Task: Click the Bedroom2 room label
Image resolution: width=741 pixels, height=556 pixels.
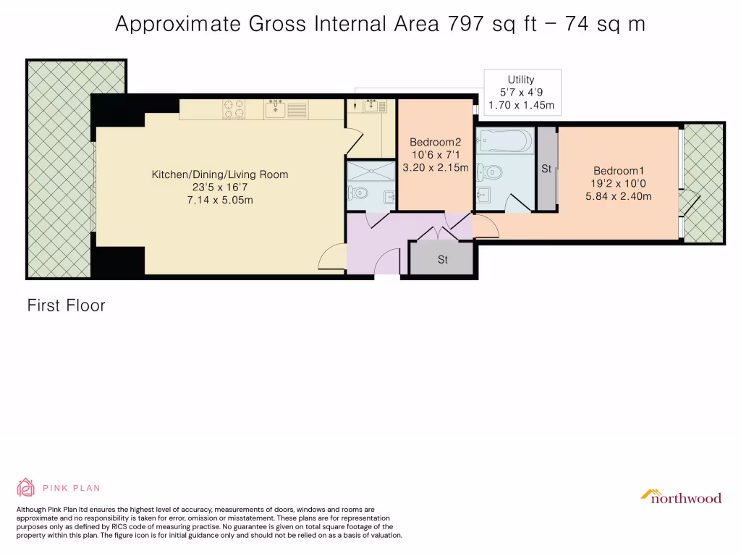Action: tap(435, 142)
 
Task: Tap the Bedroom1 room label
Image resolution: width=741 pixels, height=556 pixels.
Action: tap(619, 171)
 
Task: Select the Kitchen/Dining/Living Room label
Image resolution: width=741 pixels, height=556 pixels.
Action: tap(220, 174)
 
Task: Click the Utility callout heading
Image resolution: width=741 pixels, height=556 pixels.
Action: tap(521, 80)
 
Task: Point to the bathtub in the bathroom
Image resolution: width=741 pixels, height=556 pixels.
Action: tap(504, 140)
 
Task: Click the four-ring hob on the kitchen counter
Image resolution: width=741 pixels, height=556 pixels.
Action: tap(234, 109)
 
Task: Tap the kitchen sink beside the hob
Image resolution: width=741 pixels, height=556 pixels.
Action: tap(276, 109)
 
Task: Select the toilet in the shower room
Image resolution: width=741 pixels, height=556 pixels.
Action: tap(357, 193)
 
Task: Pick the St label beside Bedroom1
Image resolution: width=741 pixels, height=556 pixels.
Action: tap(546, 169)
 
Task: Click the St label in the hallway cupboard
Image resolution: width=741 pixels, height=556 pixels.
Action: tap(442, 260)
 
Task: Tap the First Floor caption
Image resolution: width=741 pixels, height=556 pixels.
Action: tap(66, 306)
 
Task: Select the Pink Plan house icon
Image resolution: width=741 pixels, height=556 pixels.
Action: tap(25, 487)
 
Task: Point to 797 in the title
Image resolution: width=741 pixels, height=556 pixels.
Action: tap(465, 24)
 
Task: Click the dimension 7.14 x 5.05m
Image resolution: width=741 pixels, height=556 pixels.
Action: tap(220, 200)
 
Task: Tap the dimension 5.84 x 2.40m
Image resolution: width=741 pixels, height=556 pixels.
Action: tap(619, 196)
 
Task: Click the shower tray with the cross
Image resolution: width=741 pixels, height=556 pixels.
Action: tap(371, 171)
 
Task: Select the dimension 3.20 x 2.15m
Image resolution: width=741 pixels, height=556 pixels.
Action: tap(435, 167)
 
